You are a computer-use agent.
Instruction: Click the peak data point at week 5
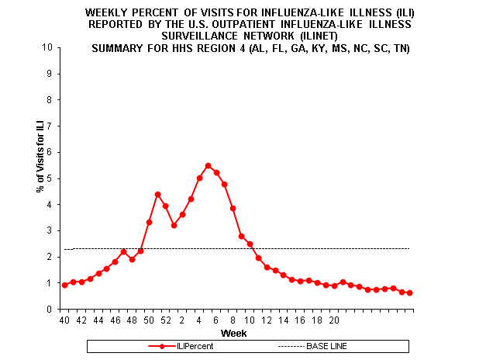(208, 165)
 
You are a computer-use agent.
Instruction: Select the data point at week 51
(157, 194)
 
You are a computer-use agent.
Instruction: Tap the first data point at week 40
(64, 285)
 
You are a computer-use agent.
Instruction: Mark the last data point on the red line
(410, 292)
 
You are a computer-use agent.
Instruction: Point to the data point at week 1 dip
(174, 225)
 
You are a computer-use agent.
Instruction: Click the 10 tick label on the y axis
(48, 47)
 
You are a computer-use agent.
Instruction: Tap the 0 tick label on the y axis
(50, 310)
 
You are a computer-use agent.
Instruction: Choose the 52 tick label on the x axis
(166, 319)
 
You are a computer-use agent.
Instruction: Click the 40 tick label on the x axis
(64, 319)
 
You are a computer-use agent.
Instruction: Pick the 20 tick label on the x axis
(334, 319)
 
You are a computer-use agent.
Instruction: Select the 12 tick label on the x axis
(267, 319)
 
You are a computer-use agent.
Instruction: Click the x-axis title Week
(233, 333)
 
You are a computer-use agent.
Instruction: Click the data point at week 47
(124, 251)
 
